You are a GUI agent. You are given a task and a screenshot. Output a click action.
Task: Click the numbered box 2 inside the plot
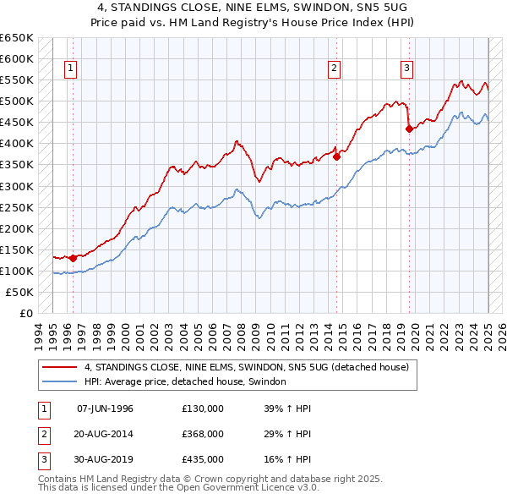(x=335, y=69)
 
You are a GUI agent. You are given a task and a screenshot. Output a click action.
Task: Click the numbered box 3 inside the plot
(x=406, y=69)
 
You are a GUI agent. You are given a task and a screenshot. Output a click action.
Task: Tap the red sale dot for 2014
(x=336, y=156)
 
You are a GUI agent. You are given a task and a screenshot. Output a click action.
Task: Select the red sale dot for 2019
(x=409, y=129)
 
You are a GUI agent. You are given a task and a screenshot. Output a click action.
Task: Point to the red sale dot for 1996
(x=74, y=258)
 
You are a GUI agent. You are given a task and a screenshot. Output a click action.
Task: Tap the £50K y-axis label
(x=19, y=292)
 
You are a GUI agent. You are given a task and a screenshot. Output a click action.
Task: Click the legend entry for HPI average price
(x=185, y=382)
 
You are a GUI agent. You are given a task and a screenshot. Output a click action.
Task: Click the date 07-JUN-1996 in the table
(x=105, y=409)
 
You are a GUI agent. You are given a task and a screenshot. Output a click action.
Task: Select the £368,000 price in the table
(x=202, y=434)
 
